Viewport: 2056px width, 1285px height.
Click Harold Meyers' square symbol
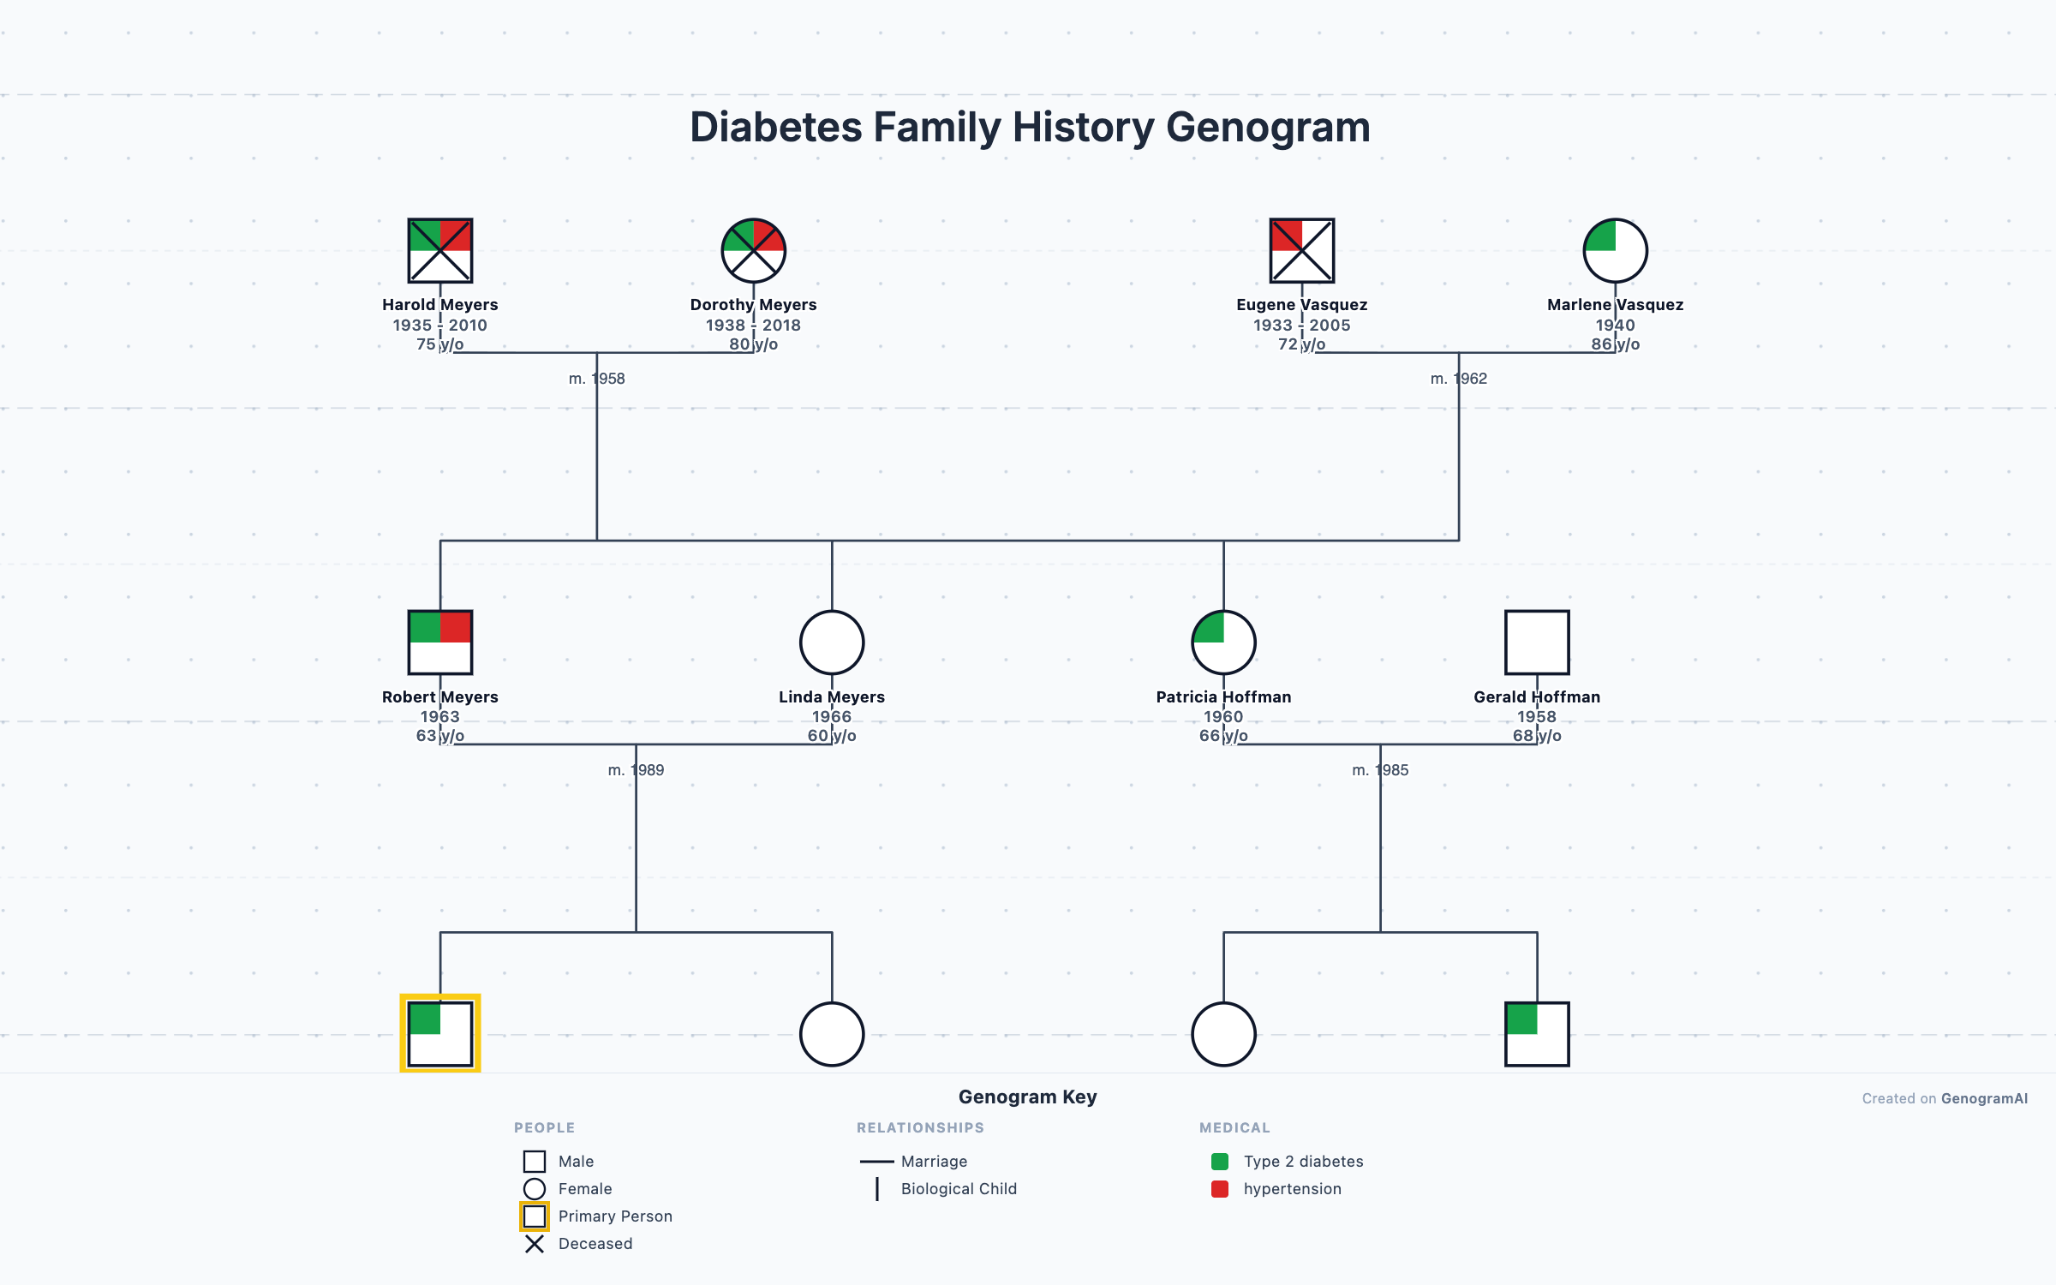[x=439, y=250]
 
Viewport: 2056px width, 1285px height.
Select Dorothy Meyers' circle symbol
[x=753, y=250]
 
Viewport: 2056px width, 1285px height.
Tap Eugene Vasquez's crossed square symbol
[x=1301, y=250]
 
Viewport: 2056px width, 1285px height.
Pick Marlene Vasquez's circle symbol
[x=1615, y=250]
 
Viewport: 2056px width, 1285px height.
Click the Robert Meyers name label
[x=439, y=696]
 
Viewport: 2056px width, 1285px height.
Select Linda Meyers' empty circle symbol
[x=831, y=642]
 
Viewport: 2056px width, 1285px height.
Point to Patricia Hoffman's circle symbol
[x=1223, y=642]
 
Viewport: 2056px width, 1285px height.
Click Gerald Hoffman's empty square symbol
[x=1537, y=642]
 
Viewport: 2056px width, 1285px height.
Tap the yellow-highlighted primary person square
[x=439, y=1033]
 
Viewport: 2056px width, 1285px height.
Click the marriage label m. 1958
[x=596, y=379]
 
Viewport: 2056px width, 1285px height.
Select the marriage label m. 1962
[x=1458, y=379]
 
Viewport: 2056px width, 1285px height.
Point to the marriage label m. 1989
[x=636, y=770]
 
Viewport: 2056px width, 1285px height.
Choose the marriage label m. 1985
[x=1379, y=770]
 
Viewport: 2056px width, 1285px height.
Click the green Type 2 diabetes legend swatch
[x=1220, y=1162]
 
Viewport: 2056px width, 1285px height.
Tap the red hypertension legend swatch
[x=1220, y=1189]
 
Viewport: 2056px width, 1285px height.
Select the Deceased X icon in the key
[x=535, y=1244]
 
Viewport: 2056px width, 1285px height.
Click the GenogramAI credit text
[x=1983, y=1098]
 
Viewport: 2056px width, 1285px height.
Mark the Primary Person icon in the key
[x=535, y=1216]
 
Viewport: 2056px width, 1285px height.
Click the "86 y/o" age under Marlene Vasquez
[x=1615, y=344]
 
